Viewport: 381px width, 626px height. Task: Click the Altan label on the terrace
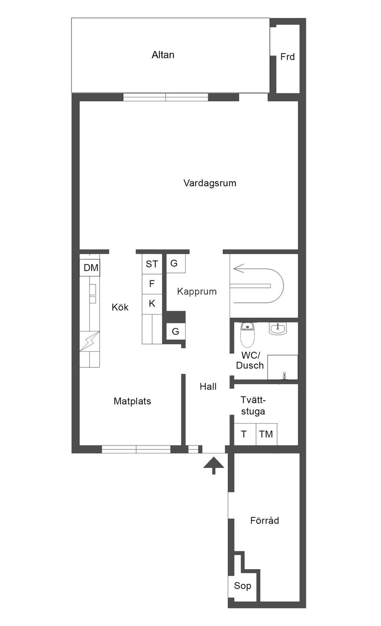pyautogui.click(x=163, y=55)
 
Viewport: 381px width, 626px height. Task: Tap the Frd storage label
pyautogui.click(x=287, y=57)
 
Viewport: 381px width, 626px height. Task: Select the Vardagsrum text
pyautogui.click(x=210, y=183)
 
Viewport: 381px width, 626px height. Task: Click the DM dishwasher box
pyautogui.click(x=90, y=268)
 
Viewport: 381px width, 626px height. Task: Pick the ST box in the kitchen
pyautogui.click(x=152, y=264)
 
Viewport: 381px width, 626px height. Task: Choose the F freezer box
pyautogui.click(x=152, y=284)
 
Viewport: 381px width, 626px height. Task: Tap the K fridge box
pyautogui.click(x=152, y=303)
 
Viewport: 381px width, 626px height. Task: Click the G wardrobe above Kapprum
pyautogui.click(x=175, y=263)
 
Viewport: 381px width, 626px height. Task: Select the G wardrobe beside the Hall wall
pyautogui.click(x=175, y=331)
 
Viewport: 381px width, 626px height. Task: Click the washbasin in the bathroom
pyautogui.click(x=278, y=328)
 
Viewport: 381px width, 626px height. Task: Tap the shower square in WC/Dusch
pyautogui.click(x=282, y=367)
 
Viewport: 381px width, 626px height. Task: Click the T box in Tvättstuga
pyautogui.click(x=244, y=434)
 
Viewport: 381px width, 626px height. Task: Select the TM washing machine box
pyautogui.click(x=266, y=434)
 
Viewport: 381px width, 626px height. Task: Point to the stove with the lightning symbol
pyautogui.click(x=90, y=341)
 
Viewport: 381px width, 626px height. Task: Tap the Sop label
pyautogui.click(x=242, y=585)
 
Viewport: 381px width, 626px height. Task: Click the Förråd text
pyautogui.click(x=264, y=520)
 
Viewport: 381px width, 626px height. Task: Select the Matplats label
pyautogui.click(x=132, y=401)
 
